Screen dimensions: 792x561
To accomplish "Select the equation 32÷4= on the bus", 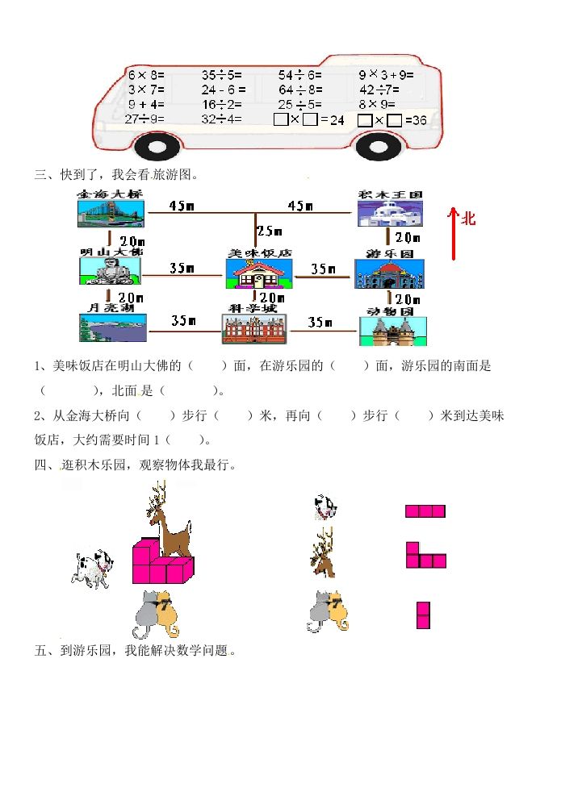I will [x=222, y=119].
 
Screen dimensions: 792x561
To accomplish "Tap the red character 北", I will [x=469, y=219].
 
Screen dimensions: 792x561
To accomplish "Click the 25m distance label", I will [x=269, y=231].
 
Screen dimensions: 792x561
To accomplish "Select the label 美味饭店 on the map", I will [x=258, y=253].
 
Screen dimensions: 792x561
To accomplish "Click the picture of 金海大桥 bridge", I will [x=111, y=214].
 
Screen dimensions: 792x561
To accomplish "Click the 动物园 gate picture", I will [x=392, y=331].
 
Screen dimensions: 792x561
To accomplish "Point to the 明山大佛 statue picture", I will [x=111, y=271].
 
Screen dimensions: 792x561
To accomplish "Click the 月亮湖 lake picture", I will [x=112, y=328].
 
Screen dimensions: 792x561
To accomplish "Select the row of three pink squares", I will [x=425, y=511].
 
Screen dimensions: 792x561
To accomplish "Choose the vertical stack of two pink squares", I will [x=423, y=615].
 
